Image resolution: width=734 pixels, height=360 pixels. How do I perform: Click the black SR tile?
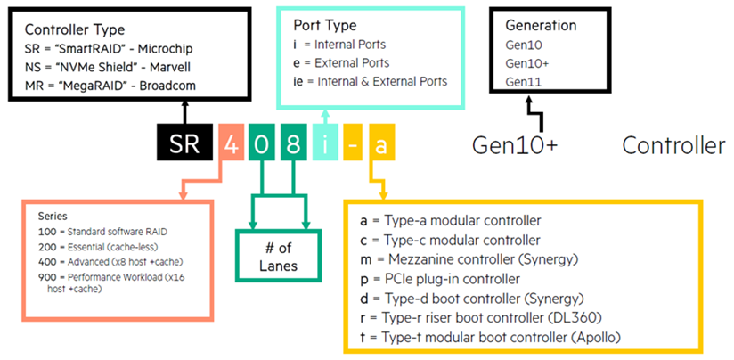(184, 143)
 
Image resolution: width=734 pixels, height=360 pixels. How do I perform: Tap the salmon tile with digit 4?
(231, 143)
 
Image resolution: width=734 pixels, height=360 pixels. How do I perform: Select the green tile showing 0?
(262, 143)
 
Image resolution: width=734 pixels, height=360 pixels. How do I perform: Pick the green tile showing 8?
(293, 143)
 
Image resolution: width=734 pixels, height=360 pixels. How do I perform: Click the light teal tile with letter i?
(325, 143)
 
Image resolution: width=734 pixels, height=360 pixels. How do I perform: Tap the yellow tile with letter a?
(382, 143)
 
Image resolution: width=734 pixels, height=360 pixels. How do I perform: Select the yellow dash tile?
(353, 143)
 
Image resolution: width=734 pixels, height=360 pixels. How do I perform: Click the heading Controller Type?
(75, 30)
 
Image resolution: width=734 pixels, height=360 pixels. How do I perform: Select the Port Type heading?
(325, 25)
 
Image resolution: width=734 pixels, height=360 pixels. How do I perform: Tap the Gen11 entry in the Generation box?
(524, 82)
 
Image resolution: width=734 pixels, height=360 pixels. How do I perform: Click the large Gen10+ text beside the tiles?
(515, 145)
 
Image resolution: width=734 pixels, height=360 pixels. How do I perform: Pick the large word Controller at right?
(673, 145)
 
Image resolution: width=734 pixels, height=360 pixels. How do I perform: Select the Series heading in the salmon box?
(53, 217)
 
